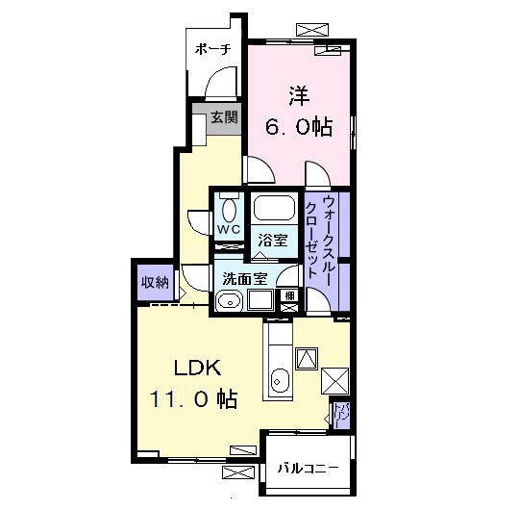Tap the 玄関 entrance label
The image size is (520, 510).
pyautogui.click(x=224, y=119)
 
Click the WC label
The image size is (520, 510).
pyautogui.click(x=228, y=230)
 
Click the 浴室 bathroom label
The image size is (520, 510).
pyautogui.click(x=274, y=241)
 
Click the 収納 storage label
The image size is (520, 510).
pyautogui.click(x=155, y=283)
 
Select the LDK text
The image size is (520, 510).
pyautogui.click(x=197, y=368)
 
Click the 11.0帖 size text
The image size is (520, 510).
pyautogui.click(x=192, y=398)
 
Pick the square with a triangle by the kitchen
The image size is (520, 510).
pyautogui.click(x=307, y=358)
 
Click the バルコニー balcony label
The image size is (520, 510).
pyautogui.click(x=308, y=469)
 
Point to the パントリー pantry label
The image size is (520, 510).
pyautogui.click(x=342, y=414)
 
